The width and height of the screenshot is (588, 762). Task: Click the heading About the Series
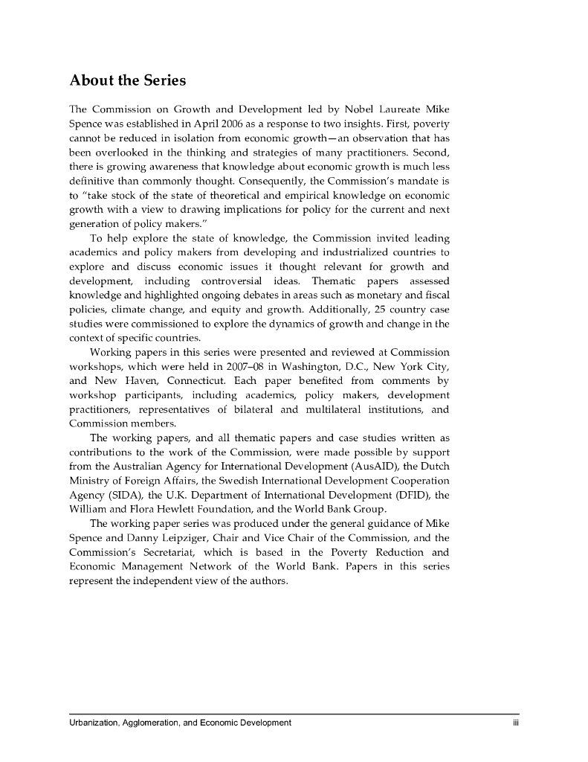tap(127, 80)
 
